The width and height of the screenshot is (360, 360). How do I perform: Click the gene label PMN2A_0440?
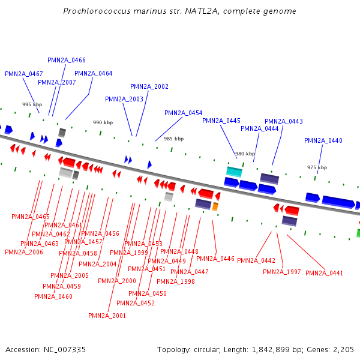(323, 140)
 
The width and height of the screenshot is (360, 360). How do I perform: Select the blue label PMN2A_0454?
(184, 113)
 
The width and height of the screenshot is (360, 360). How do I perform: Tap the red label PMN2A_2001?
(107, 316)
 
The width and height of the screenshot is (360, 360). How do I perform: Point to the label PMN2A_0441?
(325, 273)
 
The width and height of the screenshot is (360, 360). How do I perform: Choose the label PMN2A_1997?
(282, 272)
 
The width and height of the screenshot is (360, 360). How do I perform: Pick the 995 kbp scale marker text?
(31, 104)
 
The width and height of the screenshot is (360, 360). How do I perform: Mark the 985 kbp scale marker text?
(174, 139)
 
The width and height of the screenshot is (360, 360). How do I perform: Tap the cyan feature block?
(234, 172)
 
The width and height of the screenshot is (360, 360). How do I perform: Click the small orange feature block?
(215, 206)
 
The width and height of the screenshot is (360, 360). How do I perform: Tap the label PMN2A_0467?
(24, 74)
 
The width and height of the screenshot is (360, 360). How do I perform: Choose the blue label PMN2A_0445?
(221, 121)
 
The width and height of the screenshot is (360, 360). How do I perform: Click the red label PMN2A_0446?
(215, 259)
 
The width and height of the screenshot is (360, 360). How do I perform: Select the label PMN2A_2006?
(24, 252)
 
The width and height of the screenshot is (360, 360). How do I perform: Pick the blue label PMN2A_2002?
(149, 86)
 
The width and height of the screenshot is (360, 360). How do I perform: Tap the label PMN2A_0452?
(136, 303)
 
